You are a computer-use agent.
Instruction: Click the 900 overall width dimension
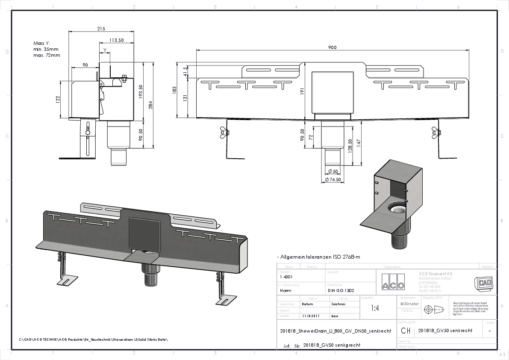tap(332, 47)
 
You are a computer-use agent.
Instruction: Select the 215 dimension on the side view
tap(101, 29)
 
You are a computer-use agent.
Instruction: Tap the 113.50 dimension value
tap(116, 40)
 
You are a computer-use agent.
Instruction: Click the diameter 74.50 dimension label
tap(332, 180)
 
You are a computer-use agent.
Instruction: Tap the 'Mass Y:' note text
tap(42, 43)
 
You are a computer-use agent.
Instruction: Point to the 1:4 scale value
tap(375, 308)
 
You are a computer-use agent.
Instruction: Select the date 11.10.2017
tap(311, 316)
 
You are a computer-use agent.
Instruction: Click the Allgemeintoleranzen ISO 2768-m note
tap(318, 257)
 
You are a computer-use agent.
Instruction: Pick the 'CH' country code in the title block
tap(406, 330)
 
